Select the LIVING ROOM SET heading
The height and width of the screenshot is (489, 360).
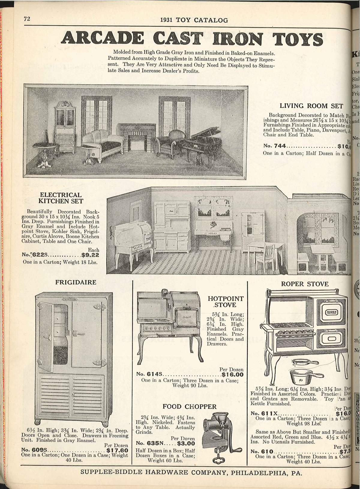pos(311,106)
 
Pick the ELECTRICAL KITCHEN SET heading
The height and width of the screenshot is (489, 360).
pos(61,198)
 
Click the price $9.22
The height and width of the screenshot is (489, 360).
pos(90,256)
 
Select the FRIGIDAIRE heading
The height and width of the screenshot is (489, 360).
pos(76,282)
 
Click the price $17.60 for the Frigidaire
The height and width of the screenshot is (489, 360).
pos(117,451)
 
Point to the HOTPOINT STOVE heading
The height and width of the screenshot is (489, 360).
pos(226,302)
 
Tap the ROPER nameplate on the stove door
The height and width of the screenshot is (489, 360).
pos(331,312)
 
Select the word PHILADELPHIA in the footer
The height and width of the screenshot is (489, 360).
pos(257,472)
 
